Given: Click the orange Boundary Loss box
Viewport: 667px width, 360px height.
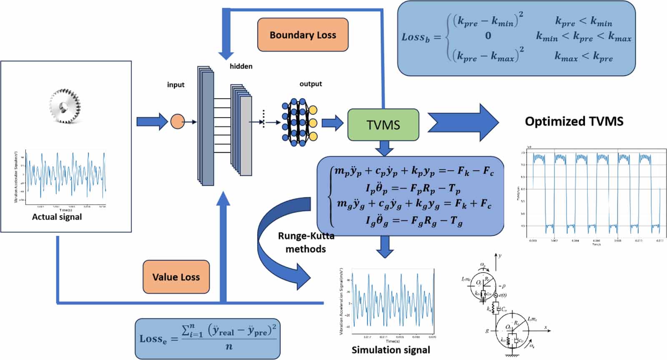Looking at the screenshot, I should point(303,35).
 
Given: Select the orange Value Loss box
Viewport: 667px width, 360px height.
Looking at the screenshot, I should point(176,277).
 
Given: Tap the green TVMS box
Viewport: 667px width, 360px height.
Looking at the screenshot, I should point(383,125).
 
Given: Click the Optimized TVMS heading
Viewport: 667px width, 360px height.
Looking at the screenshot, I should point(574,121).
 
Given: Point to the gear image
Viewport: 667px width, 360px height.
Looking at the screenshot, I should point(65,106).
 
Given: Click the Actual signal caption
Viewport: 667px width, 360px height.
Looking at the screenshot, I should point(57,217).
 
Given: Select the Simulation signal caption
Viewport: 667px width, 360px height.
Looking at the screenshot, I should point(391,350).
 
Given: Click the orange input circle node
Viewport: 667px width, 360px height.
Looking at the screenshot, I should point(177,122).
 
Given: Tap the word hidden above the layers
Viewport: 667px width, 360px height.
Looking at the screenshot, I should point(241,66).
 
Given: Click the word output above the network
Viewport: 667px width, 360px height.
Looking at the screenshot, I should point(311,84).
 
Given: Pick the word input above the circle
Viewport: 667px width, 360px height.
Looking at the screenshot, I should point(176,85).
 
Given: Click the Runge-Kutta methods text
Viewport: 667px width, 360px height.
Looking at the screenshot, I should point(306,242).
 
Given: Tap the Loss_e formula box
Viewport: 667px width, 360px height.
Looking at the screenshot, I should point(208,338).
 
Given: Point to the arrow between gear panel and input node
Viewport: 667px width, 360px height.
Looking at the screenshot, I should point(152,122).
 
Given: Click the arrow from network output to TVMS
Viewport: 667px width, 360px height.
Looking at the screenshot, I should point(332,123).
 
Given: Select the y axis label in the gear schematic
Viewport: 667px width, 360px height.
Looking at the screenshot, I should point(500,255).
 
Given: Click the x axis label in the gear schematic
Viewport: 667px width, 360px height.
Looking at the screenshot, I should point(545,327).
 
